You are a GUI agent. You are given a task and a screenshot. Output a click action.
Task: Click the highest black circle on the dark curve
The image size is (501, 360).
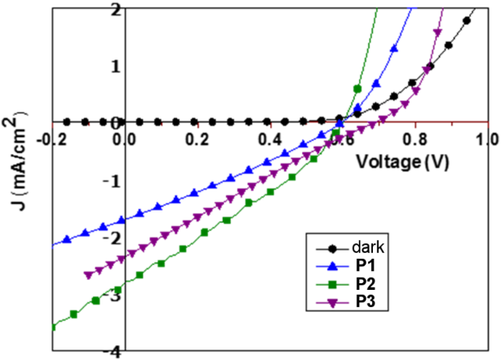pyautogui.click(x=467, y=20)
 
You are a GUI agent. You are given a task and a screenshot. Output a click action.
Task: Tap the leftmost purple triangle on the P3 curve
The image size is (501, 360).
pyautogui.click(x=88, y=275)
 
